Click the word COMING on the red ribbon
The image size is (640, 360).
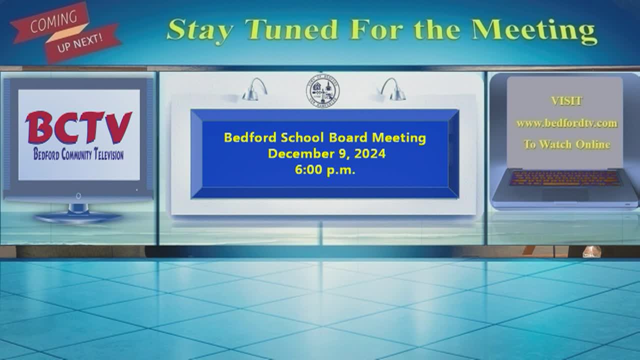(x=53, y=21)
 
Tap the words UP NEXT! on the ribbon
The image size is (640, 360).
(x=79, y=43)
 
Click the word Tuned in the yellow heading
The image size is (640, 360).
(x=291, y=29)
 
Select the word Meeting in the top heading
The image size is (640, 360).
(x=534, y=31)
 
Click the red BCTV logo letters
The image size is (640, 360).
(x=78, y=127)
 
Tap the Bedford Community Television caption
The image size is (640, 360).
(x=78, y=154)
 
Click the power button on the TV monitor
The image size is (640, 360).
(x=78, y=196)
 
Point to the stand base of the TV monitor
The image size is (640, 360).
(x=77, y=217)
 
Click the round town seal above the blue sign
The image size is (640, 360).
(x=323, y=91)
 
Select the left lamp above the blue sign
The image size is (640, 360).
(x=254, y=89)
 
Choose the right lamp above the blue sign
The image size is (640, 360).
(x=393, y=89)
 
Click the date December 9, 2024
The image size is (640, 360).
(x=326, y=153)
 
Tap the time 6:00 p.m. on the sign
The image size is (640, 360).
(x=325, y=170)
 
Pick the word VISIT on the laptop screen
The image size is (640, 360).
(x=566, y=101)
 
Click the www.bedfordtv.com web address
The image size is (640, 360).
(x=566, y=123)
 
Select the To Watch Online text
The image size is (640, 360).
(x=567, y=144)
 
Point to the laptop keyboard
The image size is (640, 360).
(x=565, y=178)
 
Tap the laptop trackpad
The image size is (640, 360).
(x=565, y=194)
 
